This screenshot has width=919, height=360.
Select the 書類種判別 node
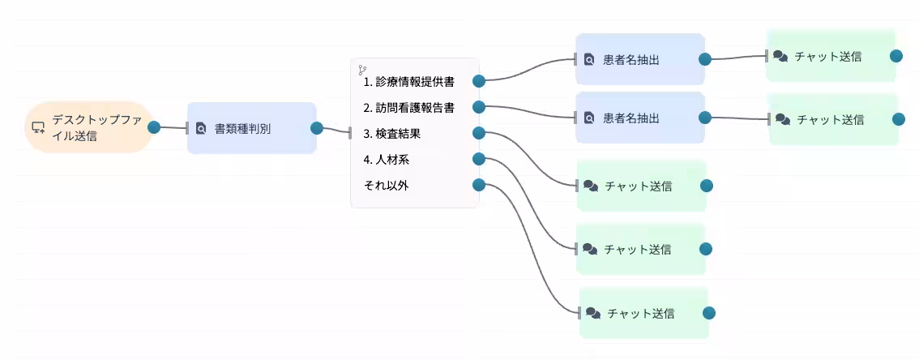tap(250, 128)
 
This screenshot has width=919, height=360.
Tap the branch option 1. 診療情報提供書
tap(408, 82)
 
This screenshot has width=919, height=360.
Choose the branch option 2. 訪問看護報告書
tap(408, 108)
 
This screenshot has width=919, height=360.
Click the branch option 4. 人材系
tap(387, 160)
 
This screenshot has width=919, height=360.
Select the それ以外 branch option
tap(387, 186)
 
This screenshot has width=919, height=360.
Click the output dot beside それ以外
tap(479, 185)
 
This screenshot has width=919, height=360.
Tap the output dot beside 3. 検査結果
tap(479, 133)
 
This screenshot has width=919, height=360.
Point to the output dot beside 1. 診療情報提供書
tap(479, 81)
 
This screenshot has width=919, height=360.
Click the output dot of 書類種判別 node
tap(317, 128)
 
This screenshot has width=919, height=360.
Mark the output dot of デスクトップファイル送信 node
tap(154, 126)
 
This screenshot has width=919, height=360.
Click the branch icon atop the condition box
tap(362, 70)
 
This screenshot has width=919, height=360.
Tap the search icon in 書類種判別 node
tap(201, 128)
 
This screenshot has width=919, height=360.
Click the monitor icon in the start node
tap(37, 127)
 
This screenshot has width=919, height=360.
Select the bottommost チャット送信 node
tap(643, 313)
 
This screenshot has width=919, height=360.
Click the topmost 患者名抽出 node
tap(639, 59)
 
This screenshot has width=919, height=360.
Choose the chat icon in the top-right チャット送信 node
tap(780, 57)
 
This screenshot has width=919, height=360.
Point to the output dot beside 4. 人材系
tap(479, 159)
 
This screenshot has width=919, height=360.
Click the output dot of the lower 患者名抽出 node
tap(705, 118)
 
